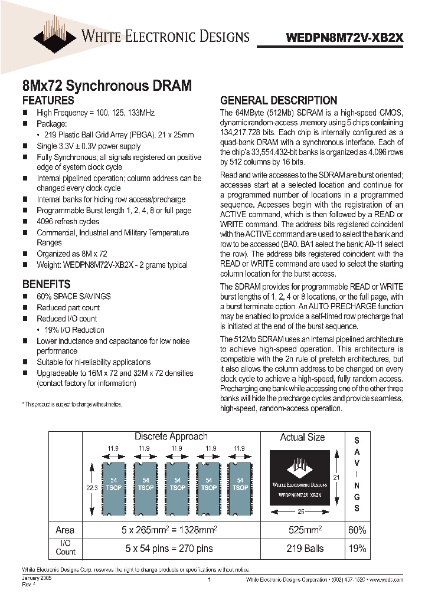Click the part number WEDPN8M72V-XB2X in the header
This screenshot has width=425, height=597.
pos(345,37)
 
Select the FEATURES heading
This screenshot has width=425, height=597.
pos(48,100)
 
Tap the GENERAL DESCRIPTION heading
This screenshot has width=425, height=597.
pos(279,100)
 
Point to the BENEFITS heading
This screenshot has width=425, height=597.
pos(46,284)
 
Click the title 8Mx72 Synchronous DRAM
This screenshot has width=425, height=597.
pos(107,86)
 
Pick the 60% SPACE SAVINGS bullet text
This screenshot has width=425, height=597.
pos(74,296)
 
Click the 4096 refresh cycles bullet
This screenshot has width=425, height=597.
pos(68,221)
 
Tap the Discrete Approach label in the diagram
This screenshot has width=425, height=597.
pos(171,437)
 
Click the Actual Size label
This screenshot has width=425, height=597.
pos(302,437)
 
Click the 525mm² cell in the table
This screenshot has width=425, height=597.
pos(302,530)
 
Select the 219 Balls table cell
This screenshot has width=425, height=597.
pos(302,548)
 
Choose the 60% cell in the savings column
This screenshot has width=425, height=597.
pos(357,530)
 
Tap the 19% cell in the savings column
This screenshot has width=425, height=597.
pos(357,548)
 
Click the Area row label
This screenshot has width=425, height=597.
pos(65,530)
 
